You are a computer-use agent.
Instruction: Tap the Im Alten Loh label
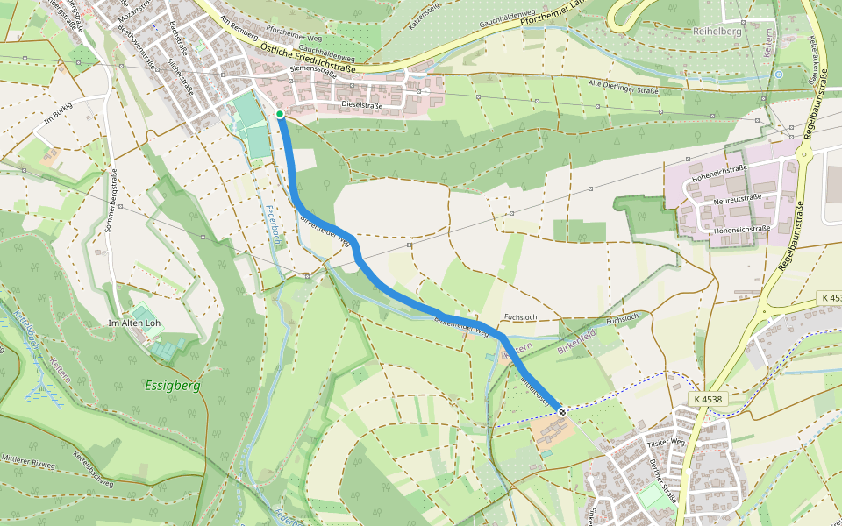[133, 323]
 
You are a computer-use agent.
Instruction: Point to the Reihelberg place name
[717, 31]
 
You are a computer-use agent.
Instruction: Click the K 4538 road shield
[707, 399]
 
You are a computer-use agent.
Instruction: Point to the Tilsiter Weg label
[666, 444]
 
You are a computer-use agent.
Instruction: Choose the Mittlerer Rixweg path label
[29, 458]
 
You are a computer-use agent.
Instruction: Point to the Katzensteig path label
[422, 16]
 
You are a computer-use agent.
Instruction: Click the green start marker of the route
[280, 114]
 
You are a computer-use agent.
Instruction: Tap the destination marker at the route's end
[561, 410]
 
